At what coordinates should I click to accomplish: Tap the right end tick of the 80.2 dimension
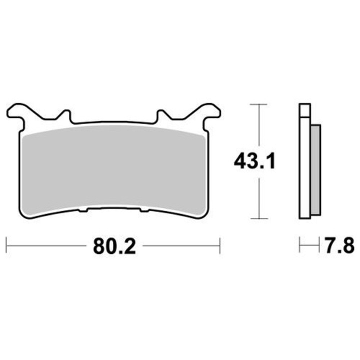[x=219, y=245]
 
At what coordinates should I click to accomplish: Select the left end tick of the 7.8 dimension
[x=299, y=245]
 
